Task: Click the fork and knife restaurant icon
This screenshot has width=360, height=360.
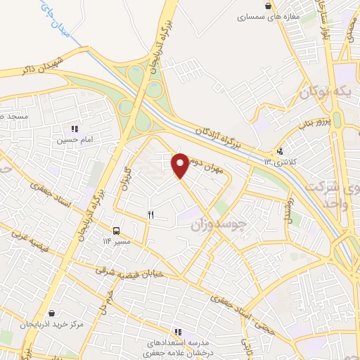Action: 150,214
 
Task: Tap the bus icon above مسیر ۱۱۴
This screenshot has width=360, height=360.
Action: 116,230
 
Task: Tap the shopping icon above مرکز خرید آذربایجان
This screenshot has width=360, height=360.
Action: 52,314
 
